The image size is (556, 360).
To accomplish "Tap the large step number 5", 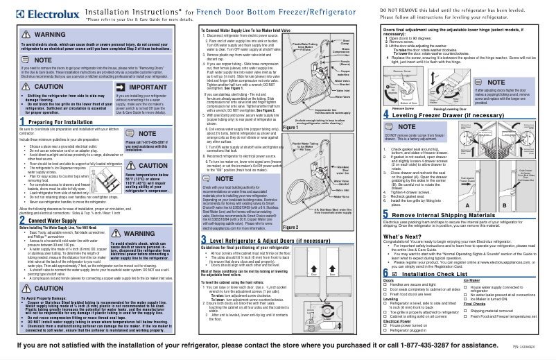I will coord(386,235).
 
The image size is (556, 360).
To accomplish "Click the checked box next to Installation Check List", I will coord(386,294).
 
